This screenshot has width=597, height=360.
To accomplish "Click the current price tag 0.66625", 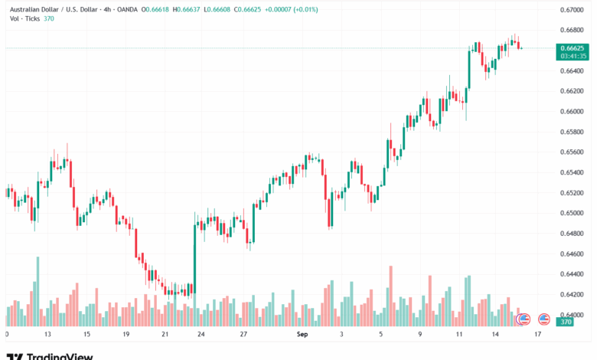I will pos(572,47).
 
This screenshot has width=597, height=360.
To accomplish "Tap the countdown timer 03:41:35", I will pos(572,56).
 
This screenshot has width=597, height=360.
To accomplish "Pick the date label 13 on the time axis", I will pos(47,335).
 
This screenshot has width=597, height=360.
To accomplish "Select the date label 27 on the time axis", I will pos(243,335).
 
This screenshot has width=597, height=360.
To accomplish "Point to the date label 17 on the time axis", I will pos(538,335).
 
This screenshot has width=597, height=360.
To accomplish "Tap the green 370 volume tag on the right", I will pos(566,323).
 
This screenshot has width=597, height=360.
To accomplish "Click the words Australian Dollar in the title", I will pos(29,10).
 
